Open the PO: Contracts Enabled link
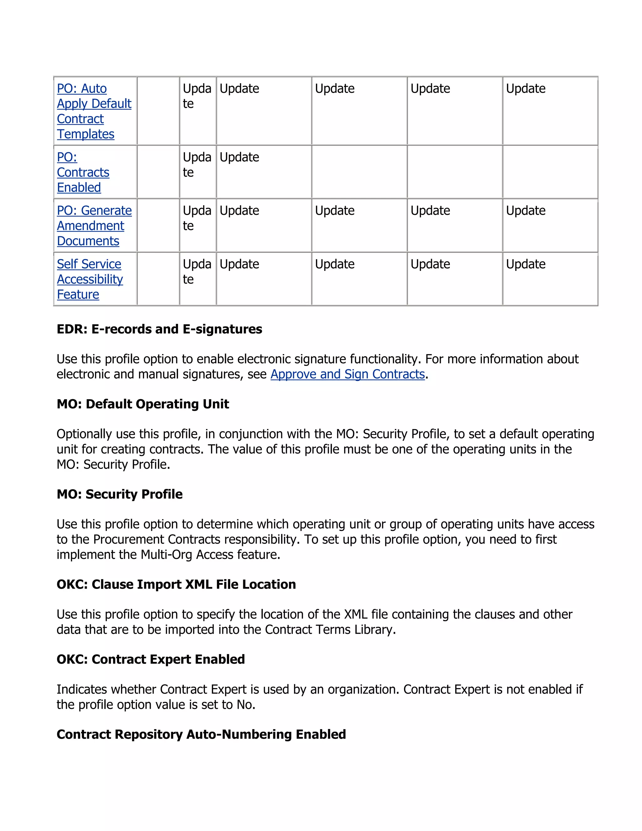point(83,172)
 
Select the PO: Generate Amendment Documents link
point(94,226)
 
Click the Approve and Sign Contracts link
point(347,374)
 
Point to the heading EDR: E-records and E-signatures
point(159,329)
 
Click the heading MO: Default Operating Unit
point(143,404)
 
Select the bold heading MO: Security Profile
point(119,494)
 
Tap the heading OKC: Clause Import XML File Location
point(176,585)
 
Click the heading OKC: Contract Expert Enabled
point(150,659)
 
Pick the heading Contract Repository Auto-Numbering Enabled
point(201,734)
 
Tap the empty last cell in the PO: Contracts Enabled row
point(550,172)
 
